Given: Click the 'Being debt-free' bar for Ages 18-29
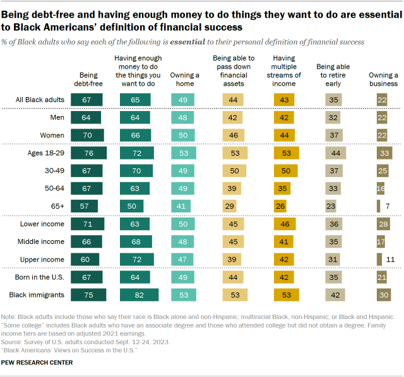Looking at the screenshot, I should coord(89,153).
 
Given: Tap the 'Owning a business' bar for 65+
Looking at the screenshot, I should coord(378,206).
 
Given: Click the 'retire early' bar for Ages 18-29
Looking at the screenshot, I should coord(335,153).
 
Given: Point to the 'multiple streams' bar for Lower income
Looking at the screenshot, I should coord(284,224).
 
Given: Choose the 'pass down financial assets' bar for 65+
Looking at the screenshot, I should coord(230,206).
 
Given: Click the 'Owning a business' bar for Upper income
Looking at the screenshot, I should coord(379,259).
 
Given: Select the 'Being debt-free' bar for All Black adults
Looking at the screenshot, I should coord(87,100).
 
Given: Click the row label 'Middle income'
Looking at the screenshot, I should coord(45,241).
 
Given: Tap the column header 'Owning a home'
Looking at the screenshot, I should coord(185,79).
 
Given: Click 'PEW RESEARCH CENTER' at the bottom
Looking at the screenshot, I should coord(37,362).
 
